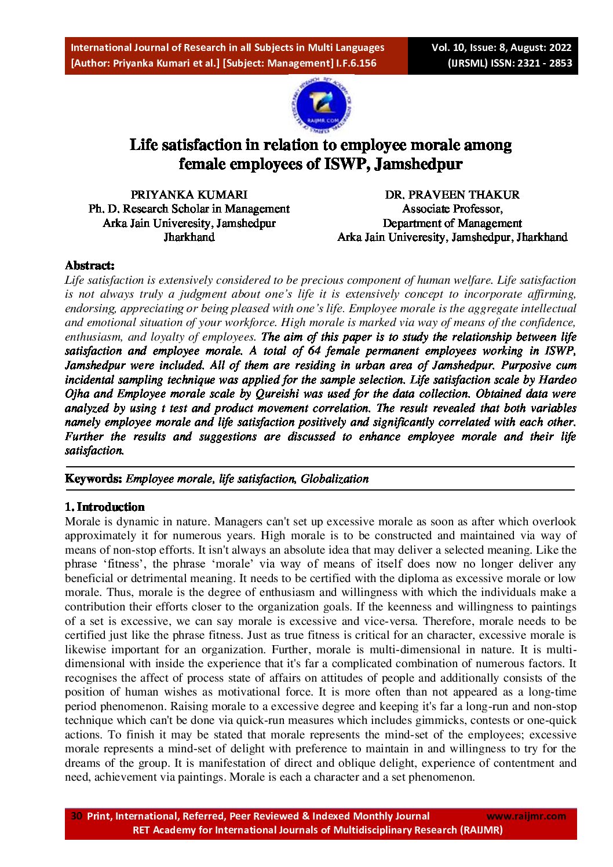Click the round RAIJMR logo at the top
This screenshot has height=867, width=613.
320,106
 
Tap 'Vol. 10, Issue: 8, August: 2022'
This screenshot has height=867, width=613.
501,47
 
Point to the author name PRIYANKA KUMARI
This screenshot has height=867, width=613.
189,195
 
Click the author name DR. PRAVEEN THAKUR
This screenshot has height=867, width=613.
452,195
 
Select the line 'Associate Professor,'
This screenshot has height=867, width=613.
452,208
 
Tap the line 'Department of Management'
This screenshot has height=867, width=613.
452,223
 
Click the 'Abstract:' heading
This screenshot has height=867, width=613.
90,265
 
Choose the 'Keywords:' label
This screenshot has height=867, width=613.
94,478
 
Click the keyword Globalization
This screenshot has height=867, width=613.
334,478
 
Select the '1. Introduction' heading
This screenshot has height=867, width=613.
105,507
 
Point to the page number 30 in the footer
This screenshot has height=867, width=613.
76,816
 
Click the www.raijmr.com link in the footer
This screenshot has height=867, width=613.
526,816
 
